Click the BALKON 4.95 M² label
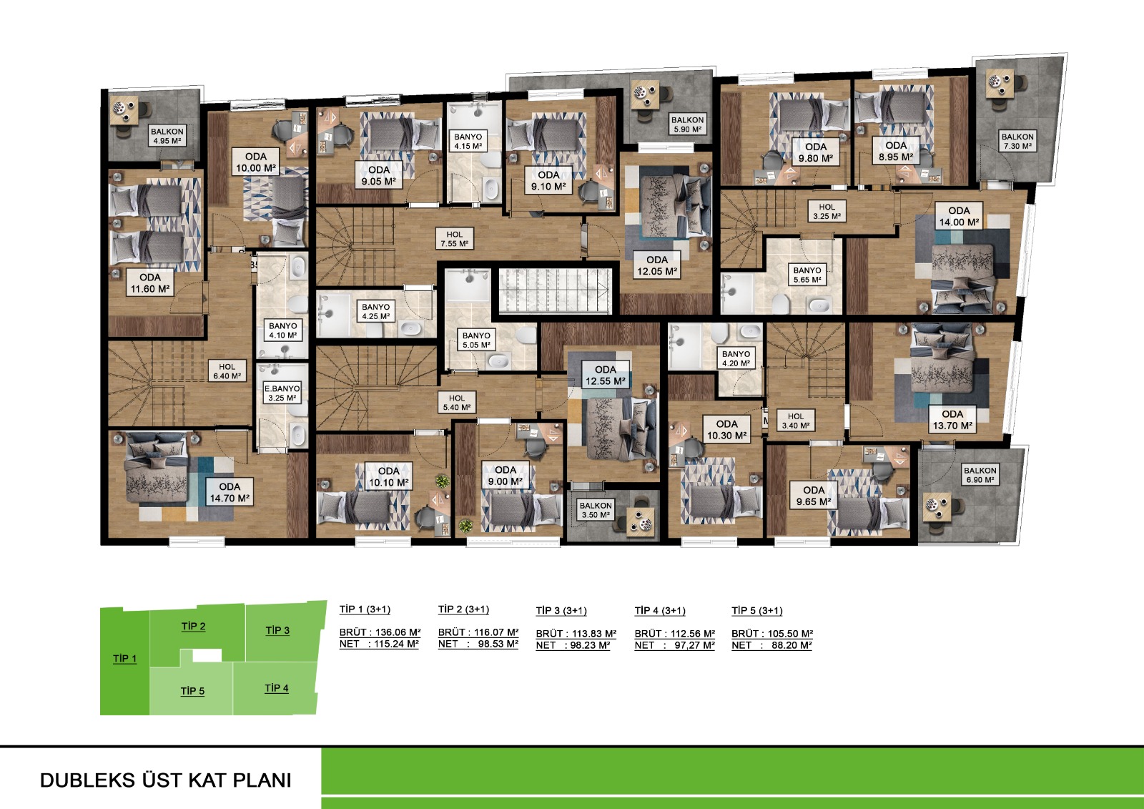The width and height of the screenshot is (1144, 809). [x=167, y=135]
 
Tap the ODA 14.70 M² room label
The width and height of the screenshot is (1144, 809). [x=230, y=492]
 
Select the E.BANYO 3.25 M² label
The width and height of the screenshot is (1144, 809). [x=282, y=393]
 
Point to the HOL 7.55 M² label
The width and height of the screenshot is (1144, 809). [x=455, y=239]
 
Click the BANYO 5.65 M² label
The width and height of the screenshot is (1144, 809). [x=807, y=275]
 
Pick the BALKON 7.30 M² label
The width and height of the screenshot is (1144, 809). [x=1017, y=141]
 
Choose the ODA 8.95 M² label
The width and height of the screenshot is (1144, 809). [x=896, y=151]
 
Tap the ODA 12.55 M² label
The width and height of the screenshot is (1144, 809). [x=605, y=375]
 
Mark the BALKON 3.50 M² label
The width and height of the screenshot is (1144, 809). [x=596, y=509]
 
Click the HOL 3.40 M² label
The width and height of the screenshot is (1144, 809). [x=796, y=421]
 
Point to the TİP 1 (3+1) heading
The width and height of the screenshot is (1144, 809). [x=365, y=609]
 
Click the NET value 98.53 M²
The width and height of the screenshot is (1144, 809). [x=498, y=644]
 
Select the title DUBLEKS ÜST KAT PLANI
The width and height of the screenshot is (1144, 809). [x=165, y=780]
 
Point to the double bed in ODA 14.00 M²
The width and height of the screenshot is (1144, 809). [x=962, y=277]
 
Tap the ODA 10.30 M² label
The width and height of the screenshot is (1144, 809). [x=726, y=430]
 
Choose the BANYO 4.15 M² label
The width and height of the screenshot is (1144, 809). [x=468, y=141]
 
